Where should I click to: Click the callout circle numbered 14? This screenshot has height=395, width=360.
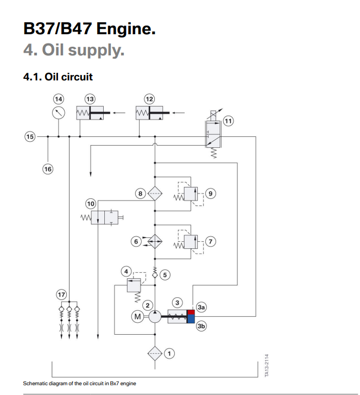point(58,98)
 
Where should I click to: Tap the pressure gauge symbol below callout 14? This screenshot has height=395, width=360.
point(59,113)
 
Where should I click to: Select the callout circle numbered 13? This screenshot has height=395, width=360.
point(90,98)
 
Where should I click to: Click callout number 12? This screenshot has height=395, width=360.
point(149,98)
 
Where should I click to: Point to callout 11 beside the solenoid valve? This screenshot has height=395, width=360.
point(229,121)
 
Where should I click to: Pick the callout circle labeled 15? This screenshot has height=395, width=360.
point(29,136)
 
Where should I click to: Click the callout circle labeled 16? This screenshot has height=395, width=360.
point(48,169)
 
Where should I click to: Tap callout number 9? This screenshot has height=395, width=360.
point(210,193)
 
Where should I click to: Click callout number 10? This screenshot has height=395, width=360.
point(90,204)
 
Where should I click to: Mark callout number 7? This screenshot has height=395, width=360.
point(210,240)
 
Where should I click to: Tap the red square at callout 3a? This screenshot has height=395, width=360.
point(190,312)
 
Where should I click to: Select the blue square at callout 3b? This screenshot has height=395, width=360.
point(190,319)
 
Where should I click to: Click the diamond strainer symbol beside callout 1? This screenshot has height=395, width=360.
point(155,354)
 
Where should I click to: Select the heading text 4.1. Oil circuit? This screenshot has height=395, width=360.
point(58,76)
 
